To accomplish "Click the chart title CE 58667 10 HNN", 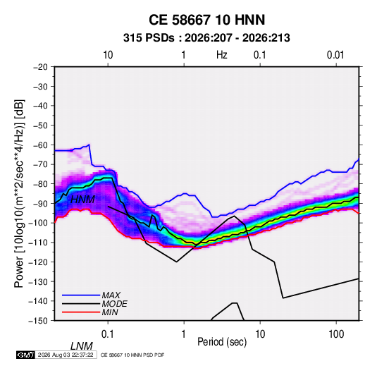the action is pyautogui.click(x=206, y=20).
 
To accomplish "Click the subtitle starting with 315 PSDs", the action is pyautogui.click(x=206, y=38).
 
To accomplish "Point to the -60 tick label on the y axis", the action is pyautogui.click(x=40, y=145).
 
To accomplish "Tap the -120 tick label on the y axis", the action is pyautogui.click(x=38, y=262).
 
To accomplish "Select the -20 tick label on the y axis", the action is pyautogui.click(x=40, y=67).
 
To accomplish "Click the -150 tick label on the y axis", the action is pyautogui.click(x=38, y=321).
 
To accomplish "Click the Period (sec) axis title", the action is pyautogui.click(x=222, y=342).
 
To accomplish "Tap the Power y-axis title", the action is pyautogui.click(x=19, y=194).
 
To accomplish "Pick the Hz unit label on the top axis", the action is pyautogui.click(x=222, y=55).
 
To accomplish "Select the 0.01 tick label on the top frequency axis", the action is pyautogui.click(x=335, y=55).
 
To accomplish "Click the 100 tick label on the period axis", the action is pyautogui.click(x=336, y=334).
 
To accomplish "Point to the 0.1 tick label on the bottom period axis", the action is pyautogui.click(x=108, y=334).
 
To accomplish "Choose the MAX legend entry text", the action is pyautogui.click(x=111, y=295).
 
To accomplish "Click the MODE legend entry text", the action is pyautogui.click(x=114, y=304).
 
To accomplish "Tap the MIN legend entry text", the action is pyautogui.click(x=110, y=312).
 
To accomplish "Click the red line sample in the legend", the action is pyautogui.click(x=81, y=312).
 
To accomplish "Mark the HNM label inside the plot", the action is pyautogui.click(x=82, y=200).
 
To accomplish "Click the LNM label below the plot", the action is pyautogui.click(x=82, y=346).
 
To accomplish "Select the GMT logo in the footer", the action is pyautogui.click(x=25, y=355).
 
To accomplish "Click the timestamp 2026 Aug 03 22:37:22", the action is pyautogui.click(x=66, y=355).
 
